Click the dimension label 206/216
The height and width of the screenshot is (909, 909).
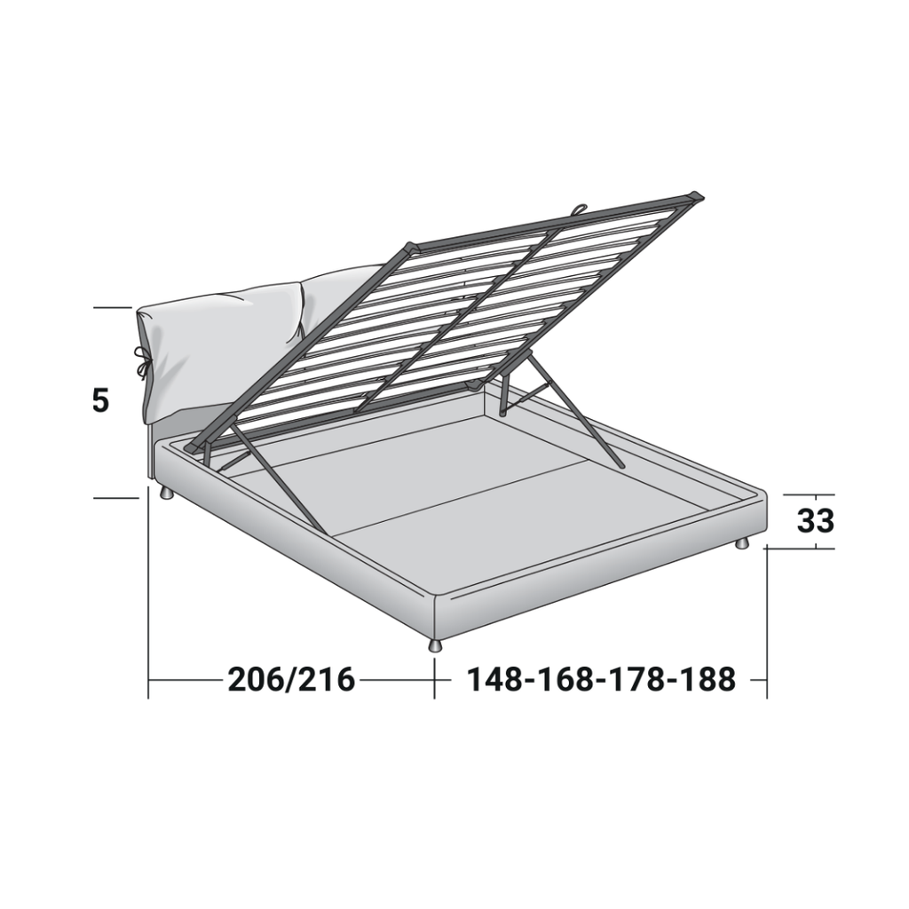[x=291, y=679]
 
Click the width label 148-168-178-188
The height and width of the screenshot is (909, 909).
[x=601, y=679]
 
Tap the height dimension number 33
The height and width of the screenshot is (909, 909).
[x=815, y=520]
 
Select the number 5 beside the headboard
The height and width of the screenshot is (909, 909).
[x=100, y=400]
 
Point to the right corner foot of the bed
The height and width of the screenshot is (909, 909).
[x=742, y=543]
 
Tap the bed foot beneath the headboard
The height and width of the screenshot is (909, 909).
[x=166, y=493]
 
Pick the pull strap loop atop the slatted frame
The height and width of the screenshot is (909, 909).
[x=579, y=209]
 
